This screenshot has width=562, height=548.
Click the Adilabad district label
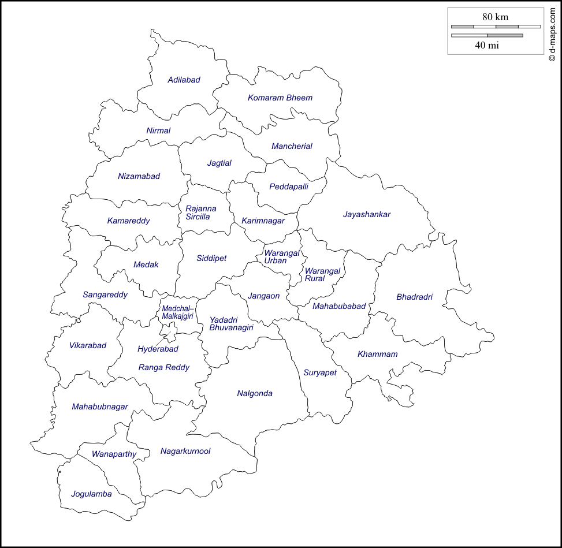coord(184,80)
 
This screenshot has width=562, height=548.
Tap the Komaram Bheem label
coord(280,98)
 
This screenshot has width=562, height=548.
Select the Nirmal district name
coord(158,131)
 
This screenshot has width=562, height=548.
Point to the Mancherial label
coord(292,146)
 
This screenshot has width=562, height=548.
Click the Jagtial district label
coord(219,163)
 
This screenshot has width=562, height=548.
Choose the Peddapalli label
coord(289,187)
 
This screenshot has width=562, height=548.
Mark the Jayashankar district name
coord(367,214)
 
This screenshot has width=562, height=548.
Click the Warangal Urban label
coord(282,257)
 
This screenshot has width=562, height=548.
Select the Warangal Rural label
coord(322,274)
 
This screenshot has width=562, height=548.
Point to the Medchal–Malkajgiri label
coord(178,312)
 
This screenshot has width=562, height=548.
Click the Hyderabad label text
coord(158,349)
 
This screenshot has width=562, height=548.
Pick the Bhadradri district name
coord(414,297)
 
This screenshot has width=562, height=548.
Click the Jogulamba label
coord(91,494)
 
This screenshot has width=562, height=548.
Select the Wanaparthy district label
coord(114,454)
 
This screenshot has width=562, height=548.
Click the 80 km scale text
coord(495,17)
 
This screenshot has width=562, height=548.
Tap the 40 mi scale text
coord(487,45)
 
